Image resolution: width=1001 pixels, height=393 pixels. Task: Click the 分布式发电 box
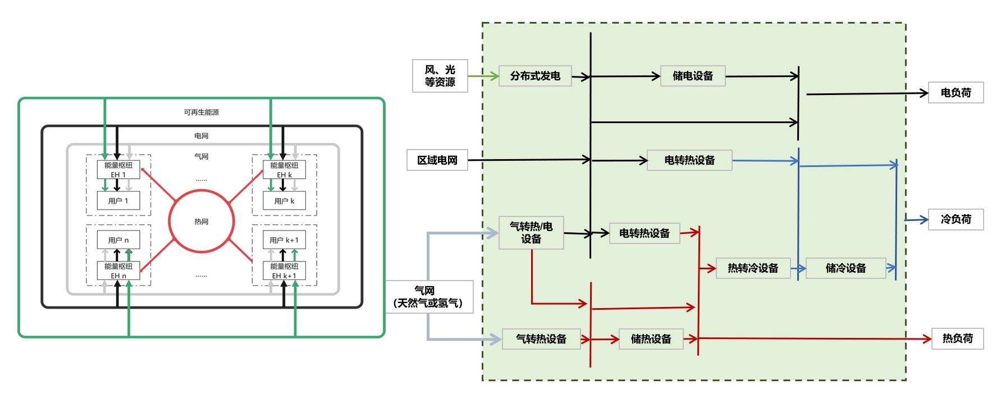coord(534,76)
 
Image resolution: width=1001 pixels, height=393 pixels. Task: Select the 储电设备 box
coord(693,76)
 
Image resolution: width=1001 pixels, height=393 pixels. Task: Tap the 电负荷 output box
coord(956,93)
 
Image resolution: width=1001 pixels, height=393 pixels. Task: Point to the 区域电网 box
coord(437,160)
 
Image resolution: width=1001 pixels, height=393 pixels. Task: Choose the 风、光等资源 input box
coord(440,76)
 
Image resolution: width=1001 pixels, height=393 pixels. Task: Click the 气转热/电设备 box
coord(531,233)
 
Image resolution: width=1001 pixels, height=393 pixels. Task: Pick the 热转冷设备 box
coord(753,268)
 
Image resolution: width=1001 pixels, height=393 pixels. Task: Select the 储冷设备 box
coord(845,268)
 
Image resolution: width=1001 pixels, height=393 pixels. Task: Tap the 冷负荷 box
coord(956,219)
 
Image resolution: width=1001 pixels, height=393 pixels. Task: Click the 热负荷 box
coord(957,338)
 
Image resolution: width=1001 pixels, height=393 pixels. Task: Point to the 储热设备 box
coord(651,339)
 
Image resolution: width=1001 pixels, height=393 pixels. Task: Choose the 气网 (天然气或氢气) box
coord(429,297)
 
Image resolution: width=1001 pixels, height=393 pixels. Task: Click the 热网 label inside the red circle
coord(202,222)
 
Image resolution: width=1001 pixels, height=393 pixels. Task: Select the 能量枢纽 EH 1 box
coord(118,170)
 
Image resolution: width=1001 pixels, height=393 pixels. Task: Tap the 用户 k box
coord(284,201)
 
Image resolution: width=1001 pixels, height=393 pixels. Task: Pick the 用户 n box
coord(118,240)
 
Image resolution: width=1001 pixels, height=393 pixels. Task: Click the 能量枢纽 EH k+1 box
coord(284,270)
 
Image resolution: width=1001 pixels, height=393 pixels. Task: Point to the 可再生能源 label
coord(202,112)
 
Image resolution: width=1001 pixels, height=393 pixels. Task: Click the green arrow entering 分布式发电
coord(483,76)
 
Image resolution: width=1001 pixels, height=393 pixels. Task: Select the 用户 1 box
coord(118,201)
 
